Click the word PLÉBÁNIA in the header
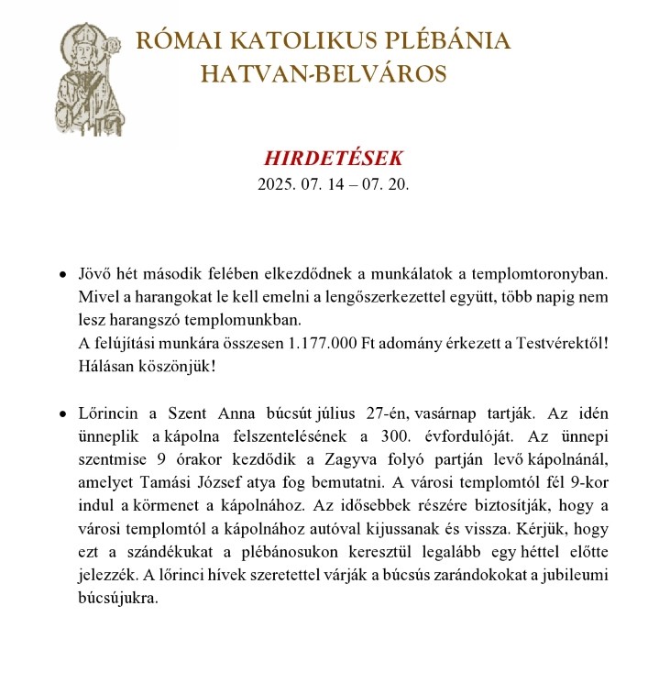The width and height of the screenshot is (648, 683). click(443, 41)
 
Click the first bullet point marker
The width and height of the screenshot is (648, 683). click(61, 274)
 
